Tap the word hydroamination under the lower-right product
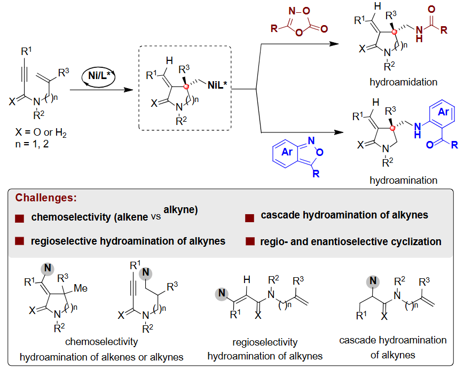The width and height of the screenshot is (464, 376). pos(403,181)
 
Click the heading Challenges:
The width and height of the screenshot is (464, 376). pos(46,198)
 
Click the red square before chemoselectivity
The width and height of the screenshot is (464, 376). pos(20,218)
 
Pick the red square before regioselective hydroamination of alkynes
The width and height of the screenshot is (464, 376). pos(20,241)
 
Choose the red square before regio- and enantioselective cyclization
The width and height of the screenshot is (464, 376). pos(249,241)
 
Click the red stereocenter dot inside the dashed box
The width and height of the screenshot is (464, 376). pos(185,86)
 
